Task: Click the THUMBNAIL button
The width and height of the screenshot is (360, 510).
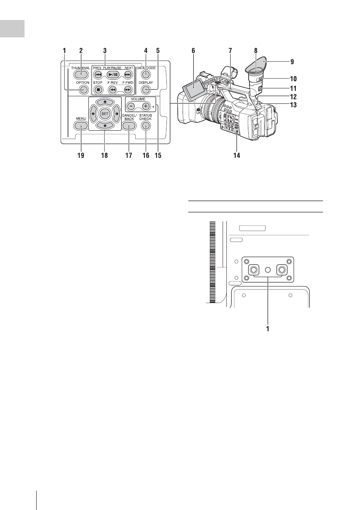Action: (80, 74)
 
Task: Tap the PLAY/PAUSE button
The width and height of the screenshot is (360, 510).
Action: (113, 74)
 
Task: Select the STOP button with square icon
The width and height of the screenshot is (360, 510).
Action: (98, 90)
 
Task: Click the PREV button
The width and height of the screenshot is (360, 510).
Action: (98, 74)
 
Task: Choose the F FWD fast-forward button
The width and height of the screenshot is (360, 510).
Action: (128, 90)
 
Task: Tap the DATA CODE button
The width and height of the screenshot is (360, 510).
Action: (146, 74)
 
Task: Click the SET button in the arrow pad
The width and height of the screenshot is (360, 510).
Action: (105, 113)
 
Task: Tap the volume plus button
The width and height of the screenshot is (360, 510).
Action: (146, 106)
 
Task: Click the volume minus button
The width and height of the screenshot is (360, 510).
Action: (131, 106)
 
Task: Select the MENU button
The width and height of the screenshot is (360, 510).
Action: (80, 126)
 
